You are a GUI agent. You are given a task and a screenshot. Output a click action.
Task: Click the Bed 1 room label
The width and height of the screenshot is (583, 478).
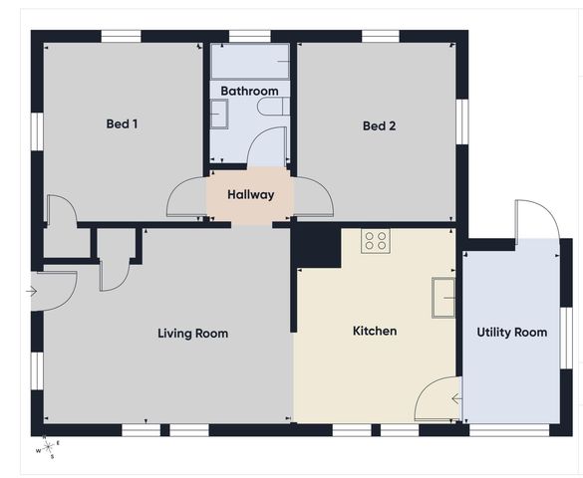click(122, 124)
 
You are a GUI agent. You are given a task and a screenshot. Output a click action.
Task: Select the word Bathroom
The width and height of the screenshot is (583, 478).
click(249, 91)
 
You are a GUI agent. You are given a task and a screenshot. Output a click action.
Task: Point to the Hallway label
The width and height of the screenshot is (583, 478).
click(249, 194)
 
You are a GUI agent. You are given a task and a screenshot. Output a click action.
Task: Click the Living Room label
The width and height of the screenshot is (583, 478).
click(192, 333)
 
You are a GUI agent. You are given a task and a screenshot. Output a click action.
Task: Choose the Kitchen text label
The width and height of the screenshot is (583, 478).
click(375, 331)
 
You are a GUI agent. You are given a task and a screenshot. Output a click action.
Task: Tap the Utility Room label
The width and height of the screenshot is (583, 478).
click(511, 332)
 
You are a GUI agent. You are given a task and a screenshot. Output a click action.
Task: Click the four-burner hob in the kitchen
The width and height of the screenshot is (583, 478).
click(376, 240)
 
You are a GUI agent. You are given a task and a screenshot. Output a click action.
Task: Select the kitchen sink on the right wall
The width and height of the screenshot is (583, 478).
click(443, 296)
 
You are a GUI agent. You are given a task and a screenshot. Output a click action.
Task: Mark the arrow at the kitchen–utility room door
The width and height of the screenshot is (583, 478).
click(456, 400)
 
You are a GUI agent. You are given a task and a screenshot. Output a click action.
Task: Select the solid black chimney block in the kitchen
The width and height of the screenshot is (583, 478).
click(317, 245)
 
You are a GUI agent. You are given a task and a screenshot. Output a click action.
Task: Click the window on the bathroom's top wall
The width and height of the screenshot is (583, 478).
click(249, 36)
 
